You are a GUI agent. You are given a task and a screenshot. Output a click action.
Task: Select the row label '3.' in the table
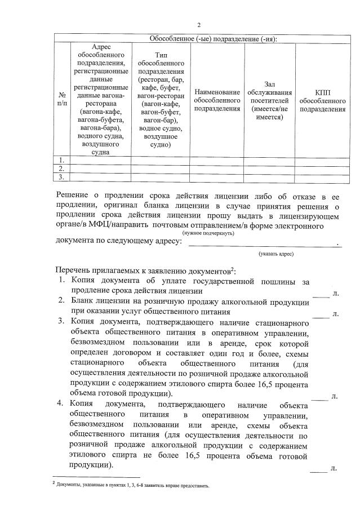point(62,177)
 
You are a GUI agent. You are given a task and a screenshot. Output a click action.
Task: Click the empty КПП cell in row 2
point(322,168)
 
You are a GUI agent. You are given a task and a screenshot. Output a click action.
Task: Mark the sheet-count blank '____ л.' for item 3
point(325,397)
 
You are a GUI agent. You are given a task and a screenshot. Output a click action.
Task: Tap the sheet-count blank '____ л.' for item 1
point(325,293)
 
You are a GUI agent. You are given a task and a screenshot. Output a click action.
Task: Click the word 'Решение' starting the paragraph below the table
point(74,195)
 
